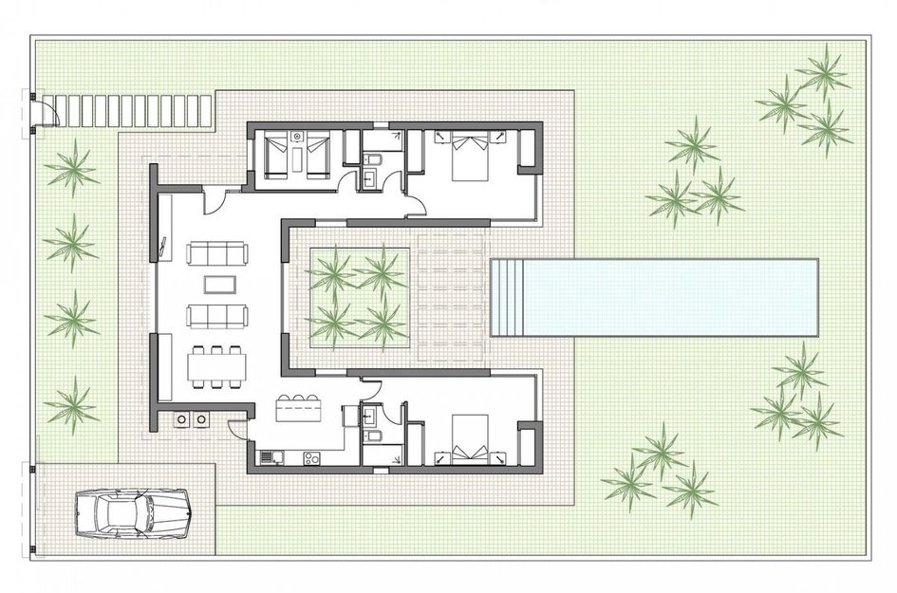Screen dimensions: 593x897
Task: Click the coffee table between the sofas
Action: [x=218, y=285]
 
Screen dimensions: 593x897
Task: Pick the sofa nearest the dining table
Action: [x=218, y=315]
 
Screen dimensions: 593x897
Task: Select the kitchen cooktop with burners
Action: [x=309, y=459]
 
